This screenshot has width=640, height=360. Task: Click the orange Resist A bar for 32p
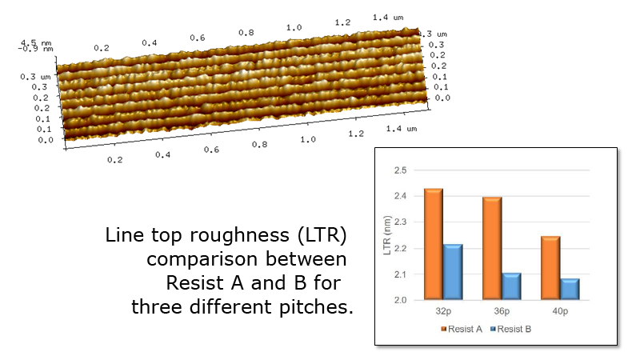(x=433, y=244)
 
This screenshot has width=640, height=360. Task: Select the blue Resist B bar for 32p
(x=453, y=272)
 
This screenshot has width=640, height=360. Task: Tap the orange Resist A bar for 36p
(x=491, y=248)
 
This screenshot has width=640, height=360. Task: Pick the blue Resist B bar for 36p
(x=511, y=286)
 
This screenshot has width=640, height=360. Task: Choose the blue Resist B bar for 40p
(x=570, y=289)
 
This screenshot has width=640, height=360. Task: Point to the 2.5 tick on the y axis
(x=400, y=170)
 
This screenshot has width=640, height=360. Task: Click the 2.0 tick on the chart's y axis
(x=400, y=301)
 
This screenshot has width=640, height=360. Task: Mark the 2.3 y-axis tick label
(x=400, y=222)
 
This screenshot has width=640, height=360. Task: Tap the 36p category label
(x=501, y=310)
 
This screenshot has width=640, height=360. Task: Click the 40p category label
(x=559, y=310)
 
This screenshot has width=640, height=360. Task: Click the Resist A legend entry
(x=461, y=328)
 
